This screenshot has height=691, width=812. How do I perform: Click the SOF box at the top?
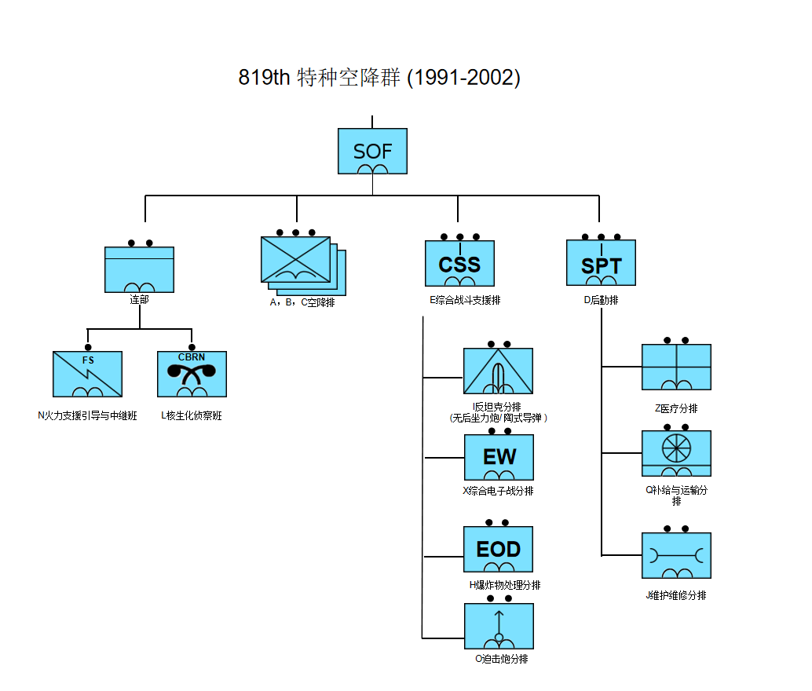pyautogui.click(x=372, y=152)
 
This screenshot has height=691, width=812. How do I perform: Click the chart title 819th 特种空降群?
pyautogui.click(x=379, y=78)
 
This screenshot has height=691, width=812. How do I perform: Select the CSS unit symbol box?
pyautogui.click(x=459, y=264)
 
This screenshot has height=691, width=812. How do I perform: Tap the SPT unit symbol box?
pyautogui.click(x=601, y=263)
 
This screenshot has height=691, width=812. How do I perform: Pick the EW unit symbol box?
pyautogui.click(x=499, y=457)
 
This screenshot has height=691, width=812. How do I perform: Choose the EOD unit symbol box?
pyautogui.click(x=499, y=549)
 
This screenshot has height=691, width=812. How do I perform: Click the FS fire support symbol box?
pyautogui.click(x=87, y=374)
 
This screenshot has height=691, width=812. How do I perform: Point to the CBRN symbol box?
pyautogui.click(x=192, y=374)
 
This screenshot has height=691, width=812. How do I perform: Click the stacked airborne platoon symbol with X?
pyautogui.click(x=296, y=259)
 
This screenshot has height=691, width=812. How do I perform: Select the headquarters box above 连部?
pyautogui.click(x=139, y=269)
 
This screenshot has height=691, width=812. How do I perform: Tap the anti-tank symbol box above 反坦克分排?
pyautogui.click(x=498, y=371)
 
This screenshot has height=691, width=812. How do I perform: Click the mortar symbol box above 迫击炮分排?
pyautogui.click(x=499, y=626)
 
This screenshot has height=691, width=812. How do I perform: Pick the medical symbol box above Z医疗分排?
pyautogui.click(x=676, y=367)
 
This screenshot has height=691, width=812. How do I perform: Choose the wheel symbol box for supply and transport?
pyautogui.click(x=676, y=453)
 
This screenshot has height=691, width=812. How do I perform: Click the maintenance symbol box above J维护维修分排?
pyautogui.click(x=676, y=556)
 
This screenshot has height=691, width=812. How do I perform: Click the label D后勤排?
pyautogui.click(x=601, y=300)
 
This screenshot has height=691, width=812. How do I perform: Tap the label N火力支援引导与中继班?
pyautogui.click(x=87, y=416)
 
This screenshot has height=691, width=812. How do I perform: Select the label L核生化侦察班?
pyautogui.click(x=192, y=416)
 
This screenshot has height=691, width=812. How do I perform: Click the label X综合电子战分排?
pyautogui.click(x=498, y=492)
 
